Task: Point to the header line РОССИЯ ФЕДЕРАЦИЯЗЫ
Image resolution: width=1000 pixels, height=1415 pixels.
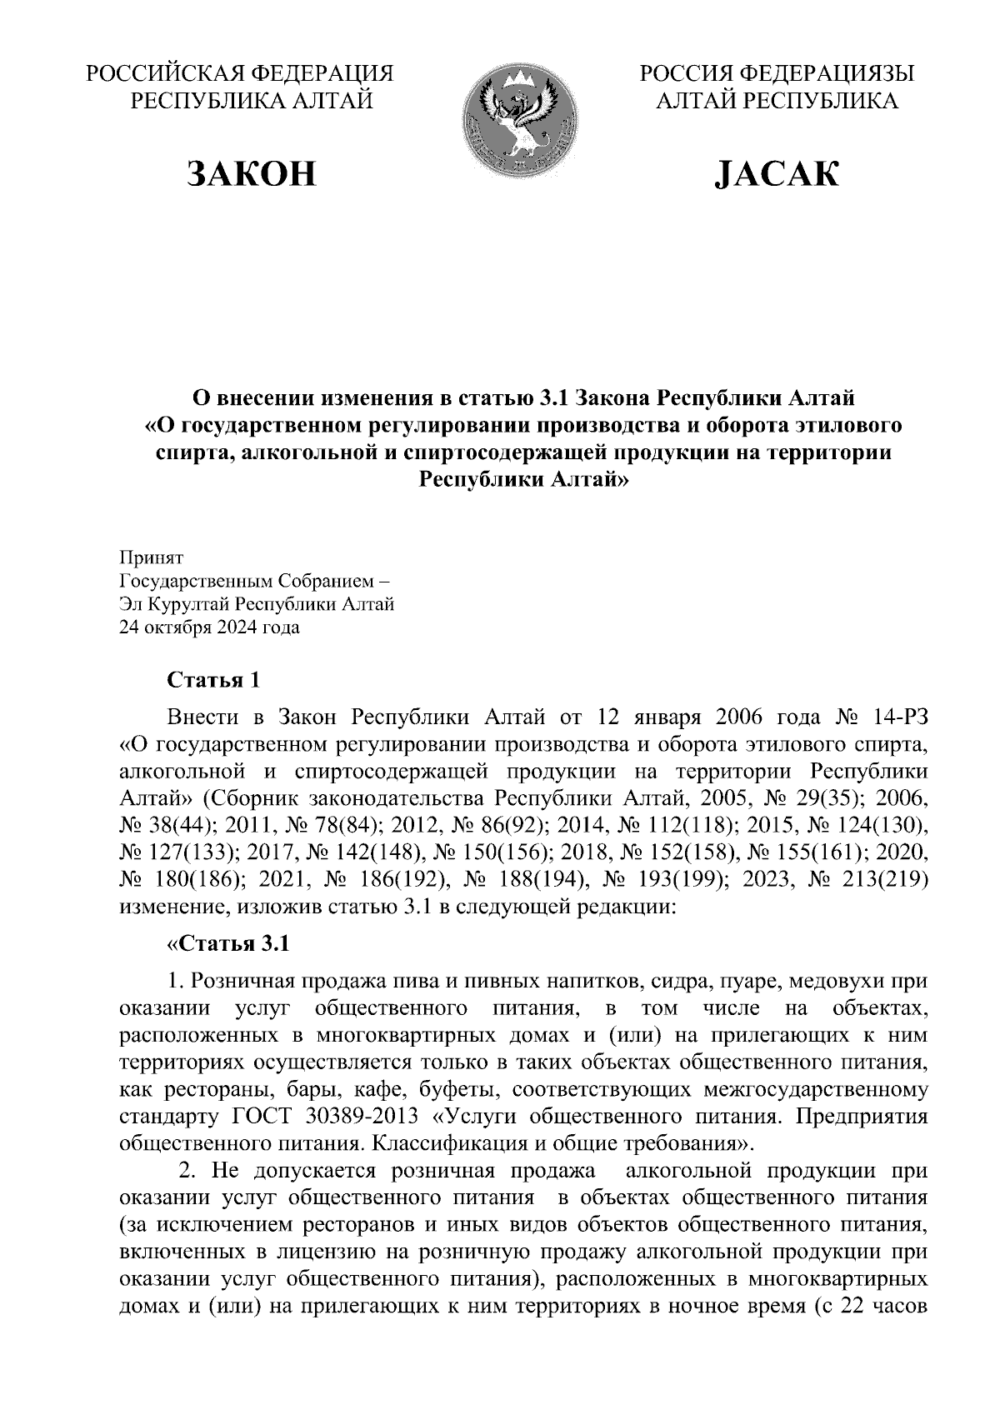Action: tap(777, 74)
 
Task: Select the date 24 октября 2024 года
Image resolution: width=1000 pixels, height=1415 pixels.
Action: tap(210, 627)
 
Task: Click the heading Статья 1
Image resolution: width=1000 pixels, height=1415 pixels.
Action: tap(214, 681)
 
